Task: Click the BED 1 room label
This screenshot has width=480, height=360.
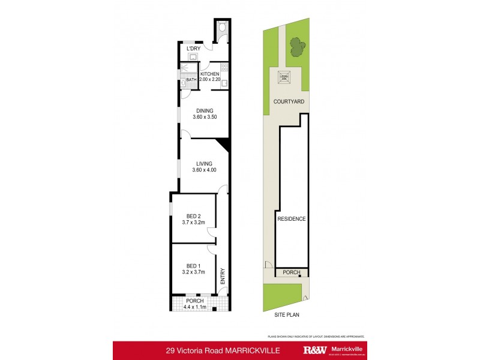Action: (x=194, y=266)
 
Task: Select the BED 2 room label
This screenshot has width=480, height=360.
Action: (x=194, y=217)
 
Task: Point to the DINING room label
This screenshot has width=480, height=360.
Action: (x=205, y=110)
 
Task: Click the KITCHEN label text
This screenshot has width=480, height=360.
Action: (x=210, y=74)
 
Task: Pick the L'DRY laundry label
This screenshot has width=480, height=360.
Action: (x=193, y=49)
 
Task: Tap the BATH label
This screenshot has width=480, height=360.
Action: (x=191, y=80)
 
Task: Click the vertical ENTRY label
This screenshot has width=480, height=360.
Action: (x=222, y=275)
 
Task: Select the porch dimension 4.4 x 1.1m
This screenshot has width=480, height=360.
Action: (x=195, y=308)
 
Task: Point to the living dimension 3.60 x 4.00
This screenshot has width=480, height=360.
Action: (x=205, y=170)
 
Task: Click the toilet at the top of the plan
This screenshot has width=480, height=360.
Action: (x=223, y=27)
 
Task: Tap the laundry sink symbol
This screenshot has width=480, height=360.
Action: (x=193, y=57)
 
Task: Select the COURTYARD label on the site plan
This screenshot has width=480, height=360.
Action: (x=289, y=102)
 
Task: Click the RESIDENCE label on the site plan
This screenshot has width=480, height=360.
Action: (x=292, y=219)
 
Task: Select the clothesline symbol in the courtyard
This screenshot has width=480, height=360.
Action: (x=284, y=77)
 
